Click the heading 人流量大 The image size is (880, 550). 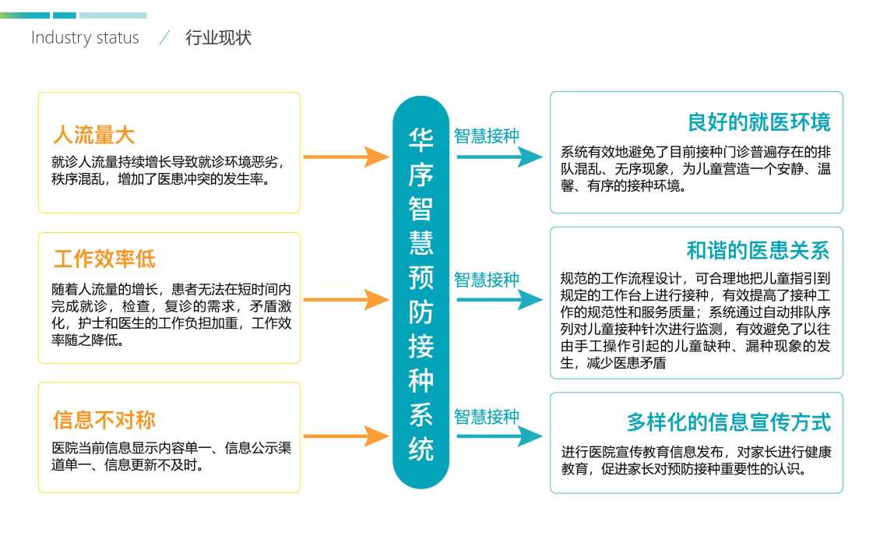pyautogui.click(x=93, y=136)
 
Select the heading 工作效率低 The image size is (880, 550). pyautogui.click(x=104, y=259)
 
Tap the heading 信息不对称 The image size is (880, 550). pyautogui.click(x=104, y=420)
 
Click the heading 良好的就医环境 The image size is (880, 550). pyautogui.click(x=759, y=122)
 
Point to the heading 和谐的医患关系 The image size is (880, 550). pyautogui.click(x=759, y=250)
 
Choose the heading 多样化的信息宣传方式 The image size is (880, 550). pyautogui.click(x=728, y=422)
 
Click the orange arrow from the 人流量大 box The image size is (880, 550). pyautogui.click(x=347, y=157)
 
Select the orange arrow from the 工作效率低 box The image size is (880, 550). pyautogui.click(x=347, y=300)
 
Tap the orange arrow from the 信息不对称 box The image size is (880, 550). pyautogui.click(x=347, y=436)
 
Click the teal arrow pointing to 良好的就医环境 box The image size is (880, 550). pyautogui.click(x=499, y=157)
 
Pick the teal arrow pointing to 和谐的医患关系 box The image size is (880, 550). pyautogui.click(x=499, y=300)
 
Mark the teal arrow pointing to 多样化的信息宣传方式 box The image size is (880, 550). pyautogui.click(x=499, y=436)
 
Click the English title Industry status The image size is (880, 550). pyautogui.click(x=85, y=37)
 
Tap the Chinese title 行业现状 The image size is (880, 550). pyautogui.click(x=218, y=37)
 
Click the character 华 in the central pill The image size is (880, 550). pyautogui.click(x=421, y=140)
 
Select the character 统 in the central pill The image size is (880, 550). pyautogui.click(x=421, y=450)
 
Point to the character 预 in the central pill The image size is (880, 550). pyautogui.click(x=421, y=278)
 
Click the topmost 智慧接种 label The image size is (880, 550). pyautogui.click(x=487, y=136)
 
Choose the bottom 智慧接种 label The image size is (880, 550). pyautogui.click(x=487, y=417)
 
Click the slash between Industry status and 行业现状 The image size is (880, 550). pyautogui.click(x=164, y=37)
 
